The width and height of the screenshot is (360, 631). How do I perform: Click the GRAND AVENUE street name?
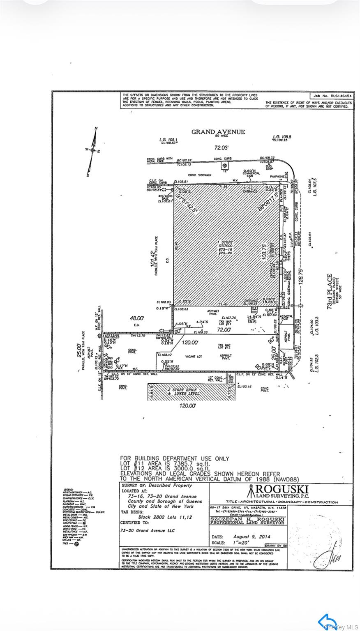pos(218,132)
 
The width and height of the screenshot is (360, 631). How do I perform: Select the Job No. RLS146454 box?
pos(331,95)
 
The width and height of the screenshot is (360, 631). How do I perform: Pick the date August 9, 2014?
pos(249,537)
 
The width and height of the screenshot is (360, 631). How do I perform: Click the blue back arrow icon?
pos(327,621)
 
